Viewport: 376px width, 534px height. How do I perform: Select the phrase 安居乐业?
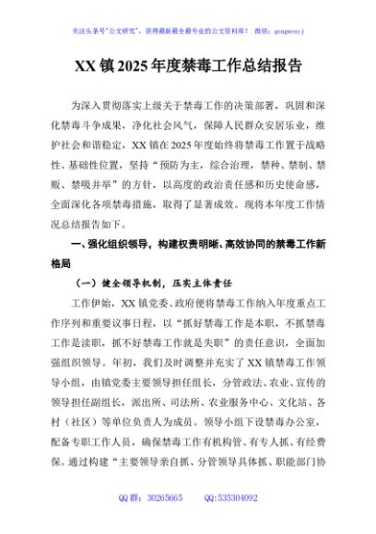pyautogui.click(x=264, y=128)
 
